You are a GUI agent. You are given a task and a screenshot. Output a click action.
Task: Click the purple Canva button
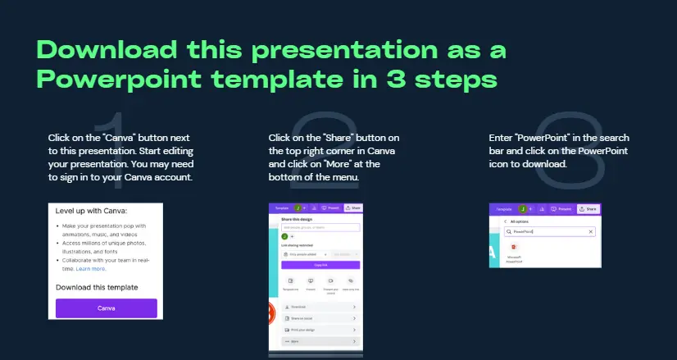coord(106,308)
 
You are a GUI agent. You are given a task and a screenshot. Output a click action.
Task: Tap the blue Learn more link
coord(92,268)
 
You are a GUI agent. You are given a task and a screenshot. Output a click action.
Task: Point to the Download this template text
coord(97,287)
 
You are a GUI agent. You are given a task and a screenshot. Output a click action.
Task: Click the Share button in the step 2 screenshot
coord(352,209)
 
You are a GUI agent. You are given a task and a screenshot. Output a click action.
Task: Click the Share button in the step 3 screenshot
coord(588,209)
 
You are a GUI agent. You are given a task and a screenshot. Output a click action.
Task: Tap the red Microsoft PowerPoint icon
coord(513,247)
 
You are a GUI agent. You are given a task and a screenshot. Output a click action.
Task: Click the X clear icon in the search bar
coord(591,232)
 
